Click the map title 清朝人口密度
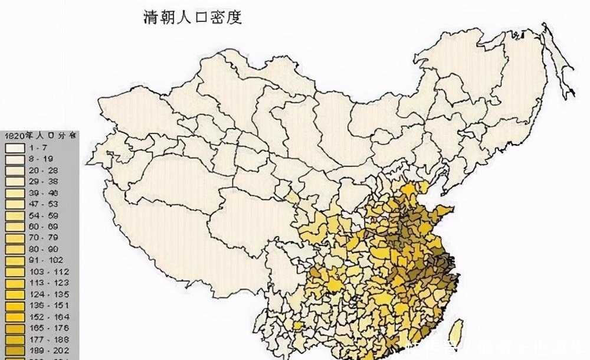tap(193, 17)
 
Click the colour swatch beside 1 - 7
tap(14, 147)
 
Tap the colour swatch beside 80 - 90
tap(14, 249)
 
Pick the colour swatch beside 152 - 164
tap(14, 317)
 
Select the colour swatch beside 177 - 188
tap(14, 339)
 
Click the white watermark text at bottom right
tap(496, 348)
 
